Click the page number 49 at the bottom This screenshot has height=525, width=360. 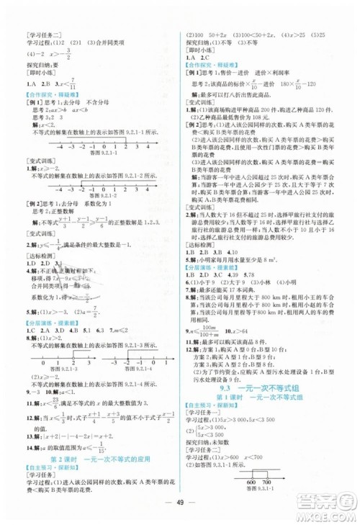[180, 502]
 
